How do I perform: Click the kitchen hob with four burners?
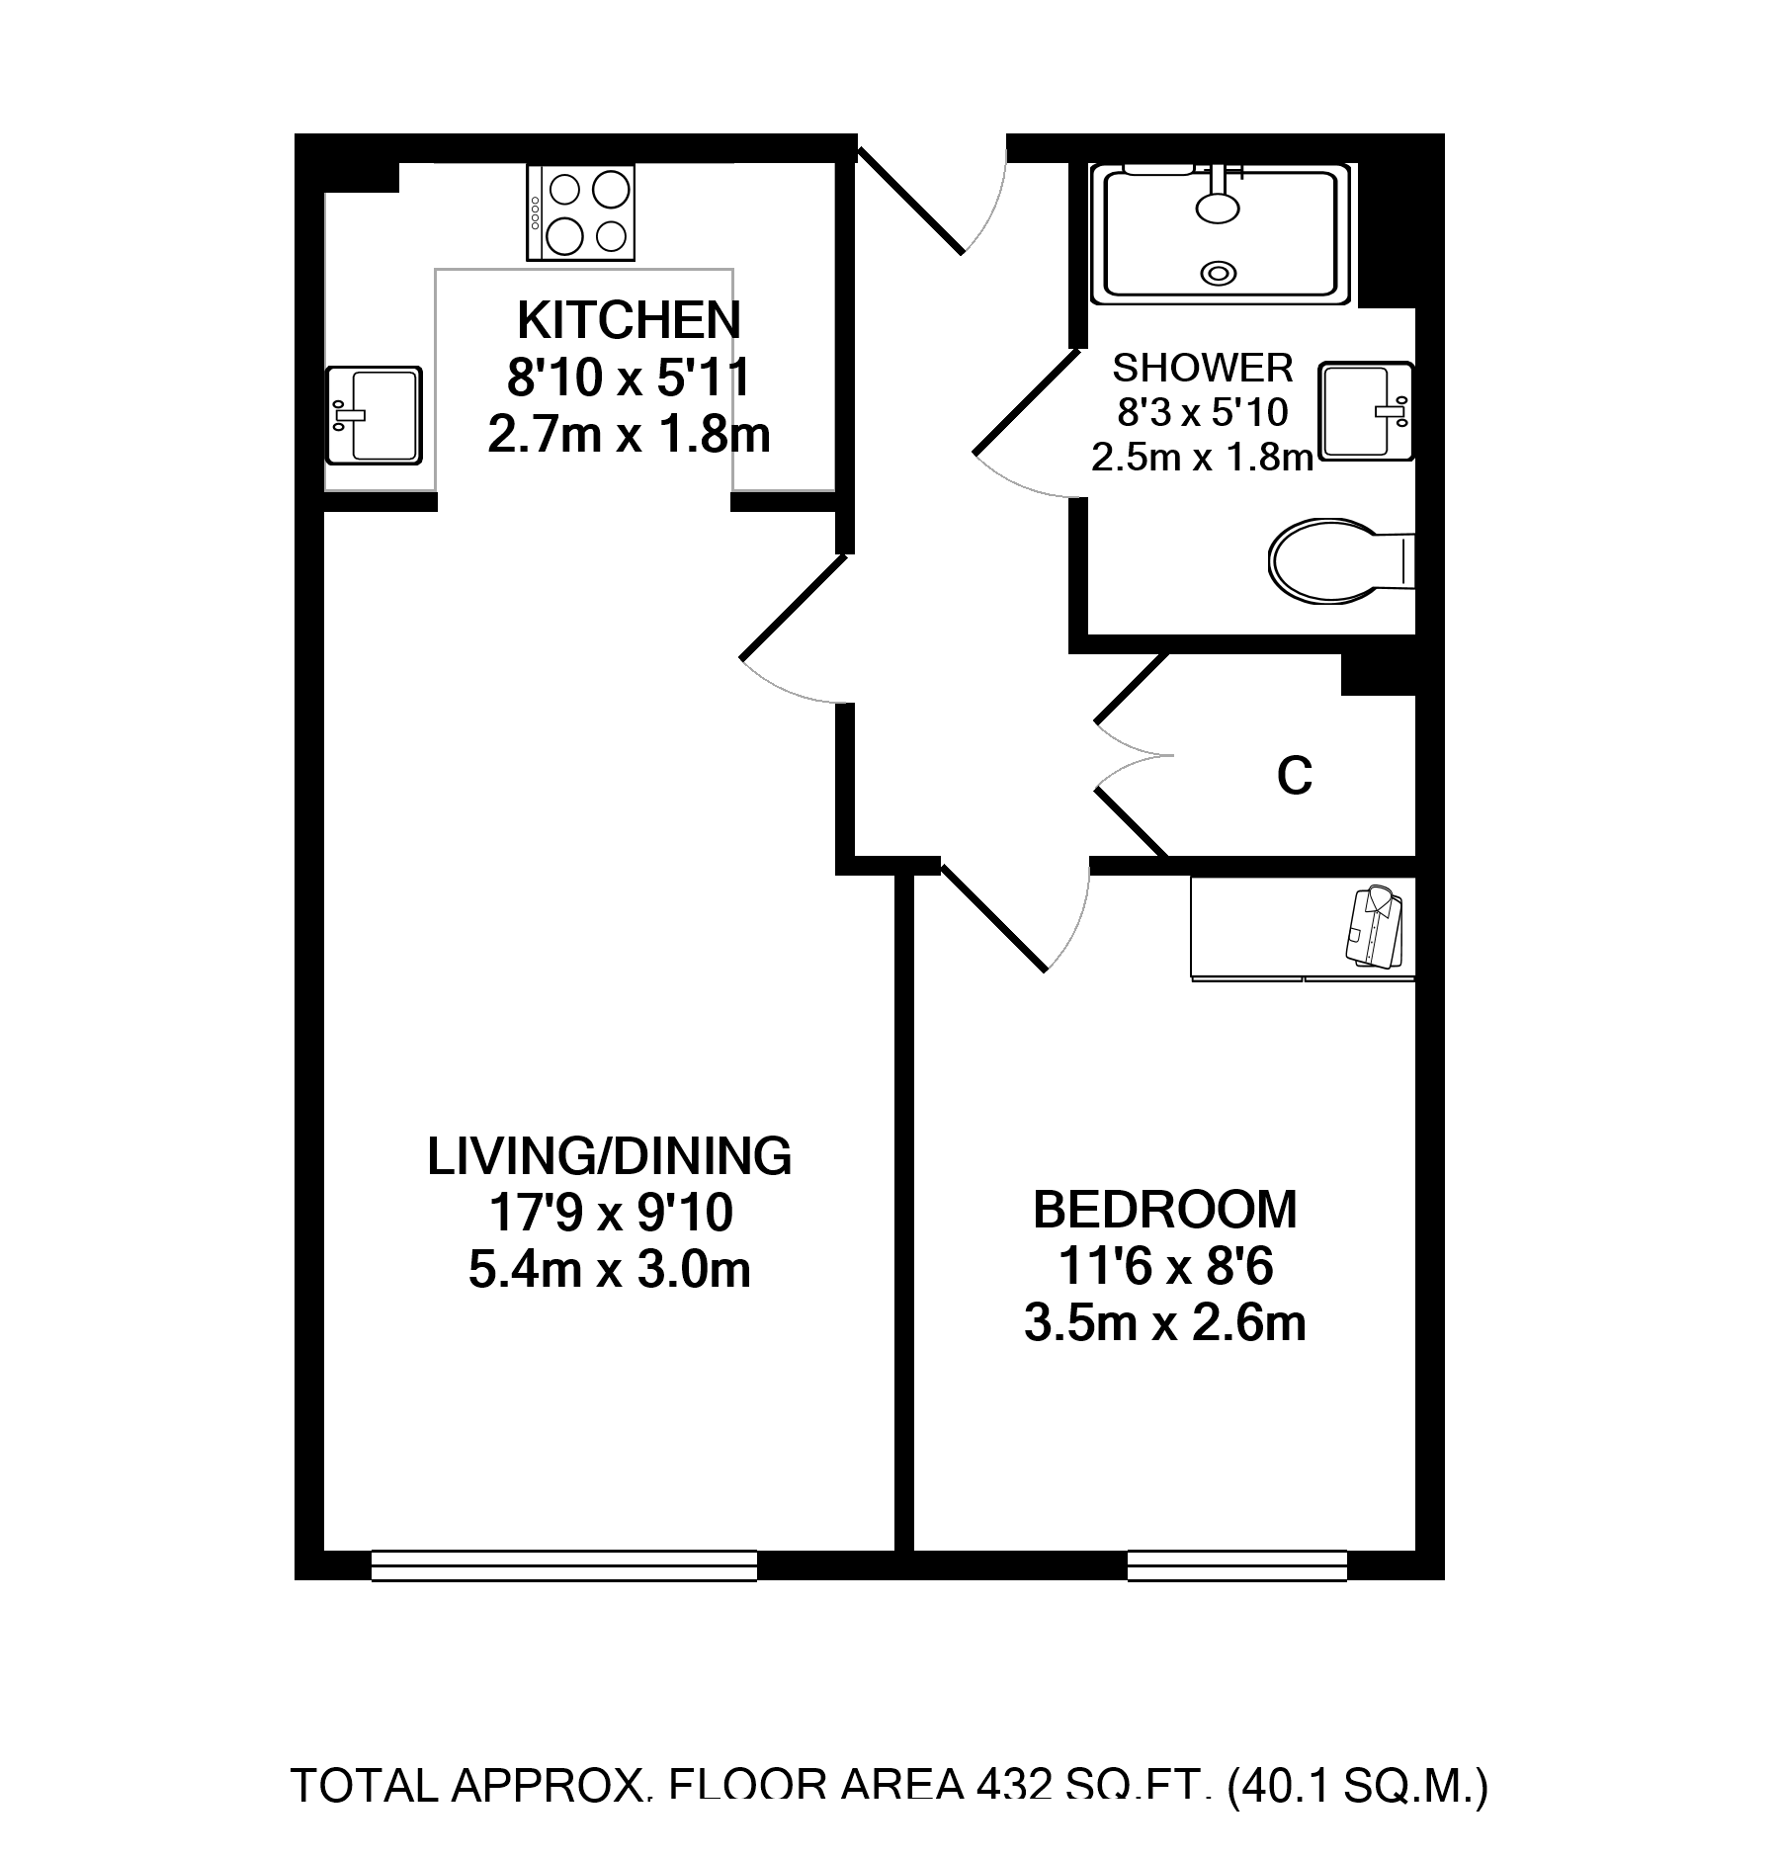pos(581,212)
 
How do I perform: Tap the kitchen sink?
pos(374,413)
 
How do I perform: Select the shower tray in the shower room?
pos(1222,233)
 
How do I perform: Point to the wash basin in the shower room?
pos(1367,410)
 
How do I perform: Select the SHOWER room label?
pos(1203,368)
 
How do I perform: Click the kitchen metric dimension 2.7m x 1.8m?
pos(628,435)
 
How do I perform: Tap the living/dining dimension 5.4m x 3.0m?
pos(609,1270)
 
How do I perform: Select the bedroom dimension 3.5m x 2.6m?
pos(1164,1324)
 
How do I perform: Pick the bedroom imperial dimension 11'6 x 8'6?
pos(1166,1268)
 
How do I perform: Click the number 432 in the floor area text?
pos(998,1786)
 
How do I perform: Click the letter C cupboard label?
pos(1295,777)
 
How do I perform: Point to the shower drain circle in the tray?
pos(1220,272)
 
